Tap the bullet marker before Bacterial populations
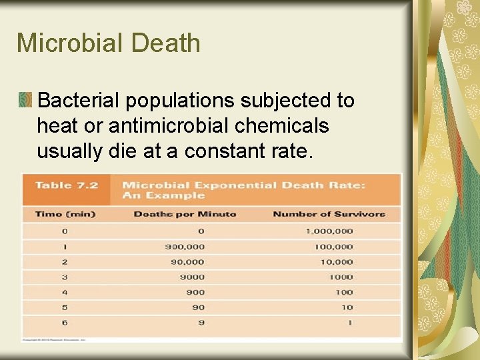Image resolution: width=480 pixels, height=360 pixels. [25, 101]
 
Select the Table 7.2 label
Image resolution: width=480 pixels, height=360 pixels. [66, 185]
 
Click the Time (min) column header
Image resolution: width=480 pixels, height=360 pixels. [65, 214]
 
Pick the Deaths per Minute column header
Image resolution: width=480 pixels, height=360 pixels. [185, 214]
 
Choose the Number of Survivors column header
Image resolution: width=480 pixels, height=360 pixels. [329, 214]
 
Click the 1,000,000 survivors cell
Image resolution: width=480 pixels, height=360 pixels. [329, 231]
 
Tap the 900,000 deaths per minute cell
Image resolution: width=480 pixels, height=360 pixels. [185, 247]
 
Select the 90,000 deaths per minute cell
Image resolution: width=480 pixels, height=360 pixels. [187, 262]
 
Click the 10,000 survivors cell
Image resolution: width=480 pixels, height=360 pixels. [337, 262]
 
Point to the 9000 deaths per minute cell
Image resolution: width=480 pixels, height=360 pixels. [193, 277]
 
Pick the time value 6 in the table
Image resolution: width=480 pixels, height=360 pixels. [65, 323]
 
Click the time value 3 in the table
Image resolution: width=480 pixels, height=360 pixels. [65, 277]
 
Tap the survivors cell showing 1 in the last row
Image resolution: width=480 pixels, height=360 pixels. [350, 323]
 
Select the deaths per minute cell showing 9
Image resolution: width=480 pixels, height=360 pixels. [201, 323]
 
